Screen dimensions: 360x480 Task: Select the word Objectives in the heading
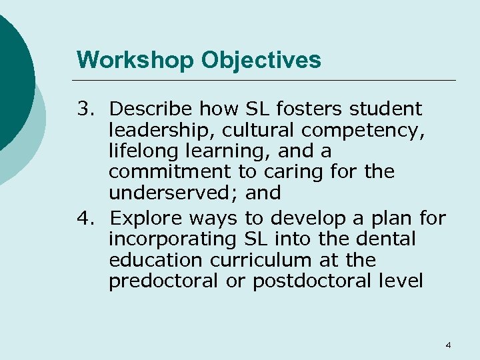261,60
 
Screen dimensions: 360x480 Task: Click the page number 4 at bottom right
448,345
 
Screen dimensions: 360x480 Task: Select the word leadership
153,129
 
